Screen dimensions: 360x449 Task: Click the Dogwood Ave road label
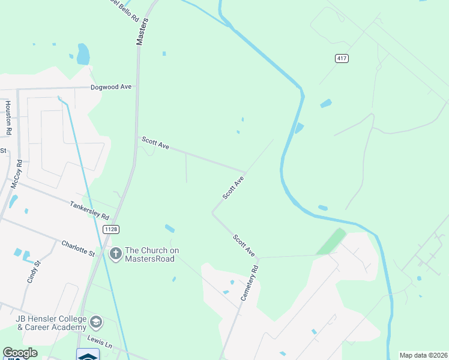tap(111, 87)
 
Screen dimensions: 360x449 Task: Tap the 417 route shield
tap(342, 58)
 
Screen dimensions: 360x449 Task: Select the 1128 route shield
tap(110, 229)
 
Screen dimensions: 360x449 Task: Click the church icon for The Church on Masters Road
tap(115, 254)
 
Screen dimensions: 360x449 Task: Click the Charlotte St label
tap(78, 248)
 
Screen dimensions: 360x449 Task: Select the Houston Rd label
tap(8, 117)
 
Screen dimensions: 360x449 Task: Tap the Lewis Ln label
tap(100, 340)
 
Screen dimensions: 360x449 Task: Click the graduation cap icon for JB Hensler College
tap(95, 323)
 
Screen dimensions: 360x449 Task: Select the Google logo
tap(20, 353)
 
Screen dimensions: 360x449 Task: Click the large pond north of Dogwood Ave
tap(83, 54)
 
